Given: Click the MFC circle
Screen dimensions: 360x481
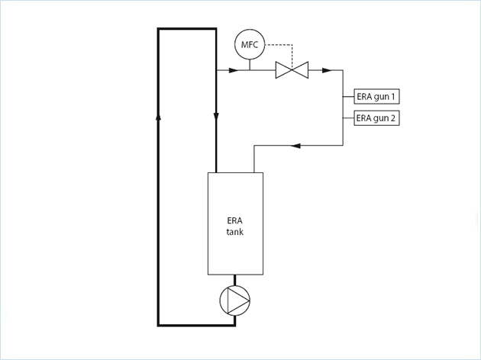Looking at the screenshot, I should coord(250,45).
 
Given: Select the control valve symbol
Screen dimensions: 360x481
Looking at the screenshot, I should coord(291,71).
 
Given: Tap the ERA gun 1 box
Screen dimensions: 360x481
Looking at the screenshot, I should coord(376,97).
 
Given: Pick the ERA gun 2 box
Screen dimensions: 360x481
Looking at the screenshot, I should coord(376,118).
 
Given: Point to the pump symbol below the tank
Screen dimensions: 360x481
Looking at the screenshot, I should coord(235,301).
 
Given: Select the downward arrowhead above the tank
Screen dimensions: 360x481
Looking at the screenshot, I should coord(216,117).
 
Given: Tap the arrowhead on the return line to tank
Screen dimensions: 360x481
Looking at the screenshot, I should coord(297,145).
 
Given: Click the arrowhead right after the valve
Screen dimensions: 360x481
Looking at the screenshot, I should coord(326,71).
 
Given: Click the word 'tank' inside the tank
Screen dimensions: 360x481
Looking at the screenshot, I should coord(235,232).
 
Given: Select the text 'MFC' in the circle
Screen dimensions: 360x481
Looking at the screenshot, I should coord(250,45).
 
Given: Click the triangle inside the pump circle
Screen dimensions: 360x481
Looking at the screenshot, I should coord(237,301).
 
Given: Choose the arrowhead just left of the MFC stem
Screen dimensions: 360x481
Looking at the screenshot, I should coord(233,71).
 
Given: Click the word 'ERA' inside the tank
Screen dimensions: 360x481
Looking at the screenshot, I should coord(235,220).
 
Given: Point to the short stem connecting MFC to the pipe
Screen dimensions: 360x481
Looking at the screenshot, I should coord(250,65).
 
